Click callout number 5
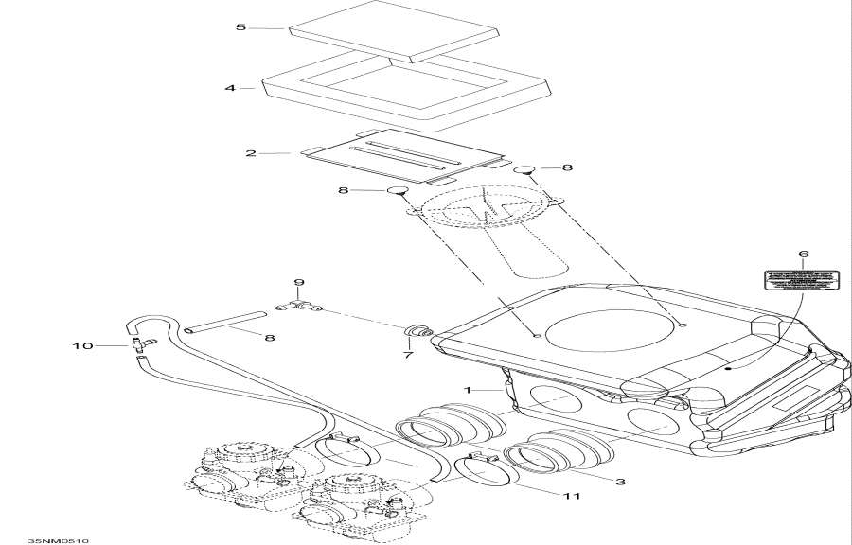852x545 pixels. coord(240,27)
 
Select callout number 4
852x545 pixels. coord(230,88)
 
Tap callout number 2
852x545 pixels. coord(251,152)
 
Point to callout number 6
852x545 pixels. coord(804,254)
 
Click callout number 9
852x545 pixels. coord(298,283)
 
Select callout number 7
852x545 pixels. coord(408,355)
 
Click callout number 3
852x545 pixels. coord(620,482)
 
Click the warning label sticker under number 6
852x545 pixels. coord(802,279)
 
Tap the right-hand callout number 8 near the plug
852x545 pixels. coord(567,167)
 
